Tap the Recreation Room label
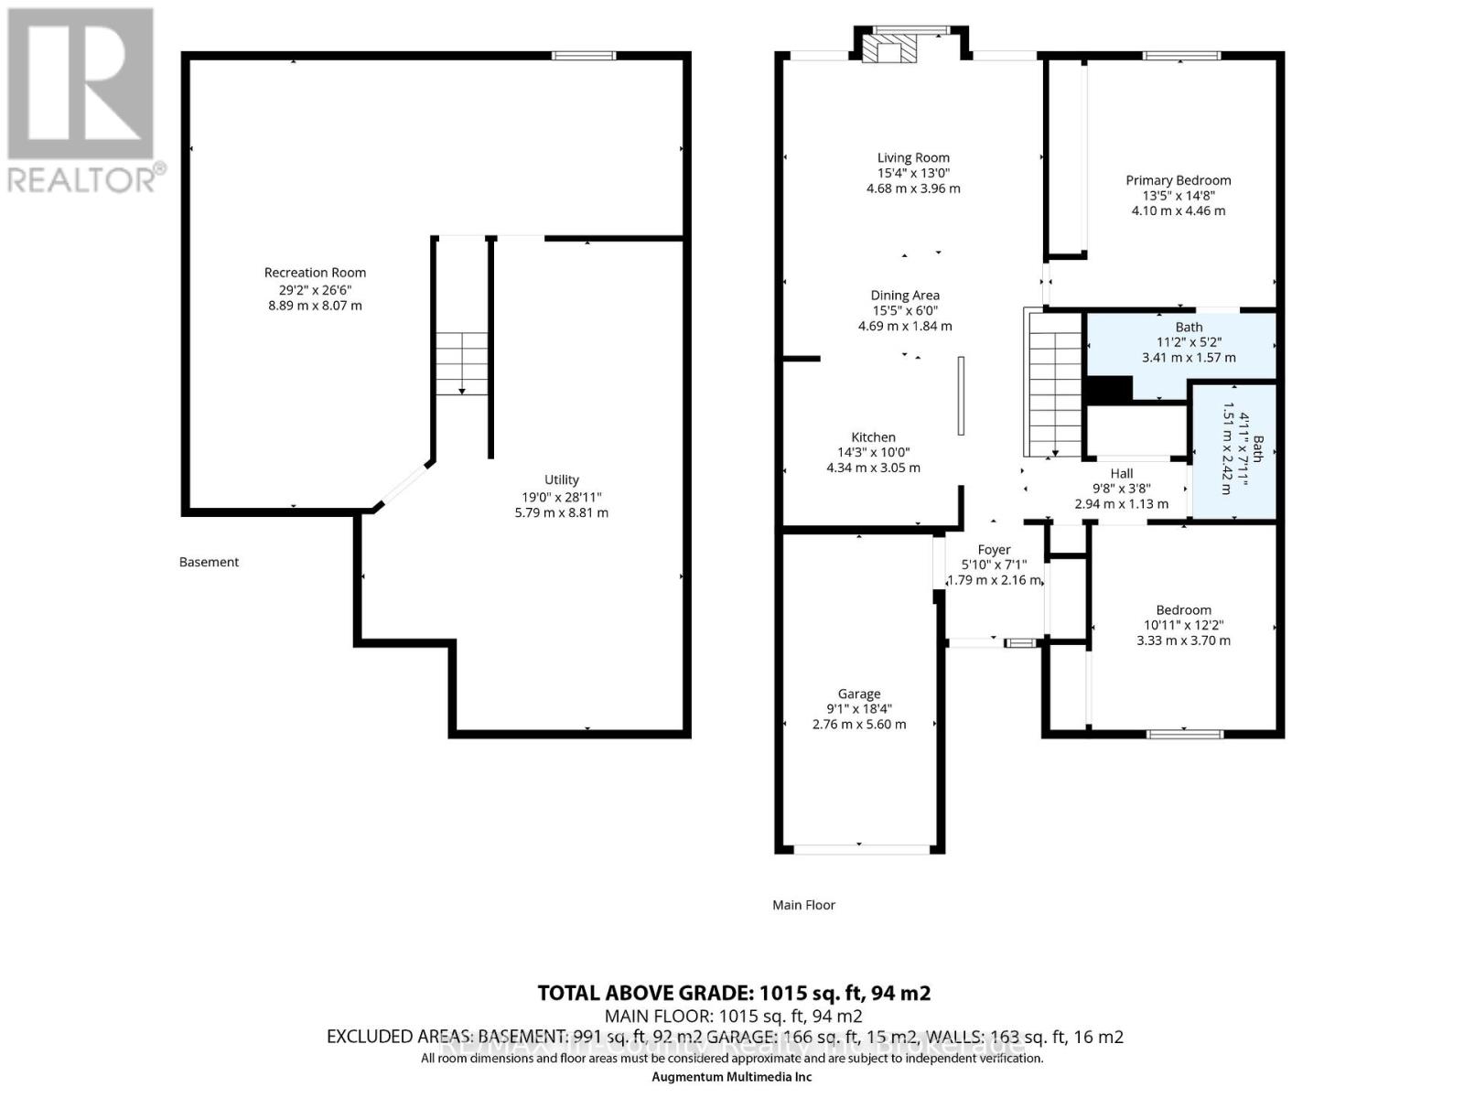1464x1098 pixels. tap(315, 273)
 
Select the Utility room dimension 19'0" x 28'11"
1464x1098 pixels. tap(561, 497)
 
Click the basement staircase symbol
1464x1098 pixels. tap(462, 363)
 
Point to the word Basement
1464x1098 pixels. tap(209, 562)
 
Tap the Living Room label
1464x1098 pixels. tap(913, 157)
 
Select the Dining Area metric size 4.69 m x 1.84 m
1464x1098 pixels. tap(905, 326)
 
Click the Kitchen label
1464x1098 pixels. tap(873, 437)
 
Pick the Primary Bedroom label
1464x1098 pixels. tap(1178, 180)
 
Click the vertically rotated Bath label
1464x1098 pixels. tap(1258, 448)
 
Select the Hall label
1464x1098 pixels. tap(1121, 473)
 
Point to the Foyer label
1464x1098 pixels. tap(994, 550)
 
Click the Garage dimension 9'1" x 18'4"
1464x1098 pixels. tap(858, 709)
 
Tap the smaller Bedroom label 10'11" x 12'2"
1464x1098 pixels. tap(1183, 610)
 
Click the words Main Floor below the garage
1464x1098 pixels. tap(803, 905)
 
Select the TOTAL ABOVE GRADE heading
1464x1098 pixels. tap(733, 993)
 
